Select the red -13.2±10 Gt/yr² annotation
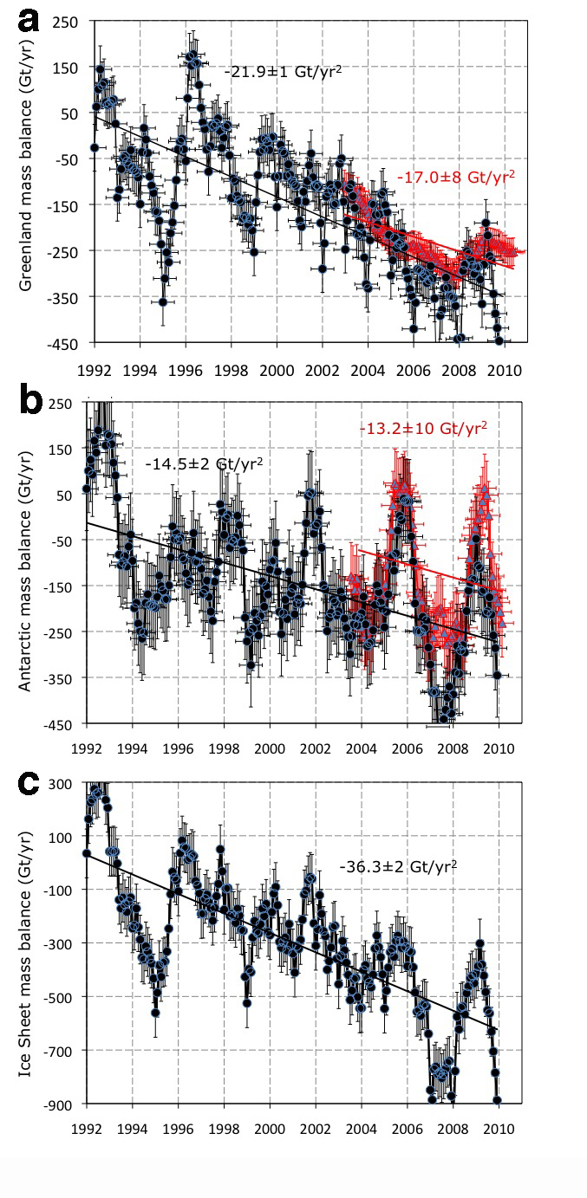pyautogui.click(x=422, y=428)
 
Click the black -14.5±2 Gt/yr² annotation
pyautogui.click(x=205, y=463)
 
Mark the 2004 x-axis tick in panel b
pyautogui.click(x=361, y=747)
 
